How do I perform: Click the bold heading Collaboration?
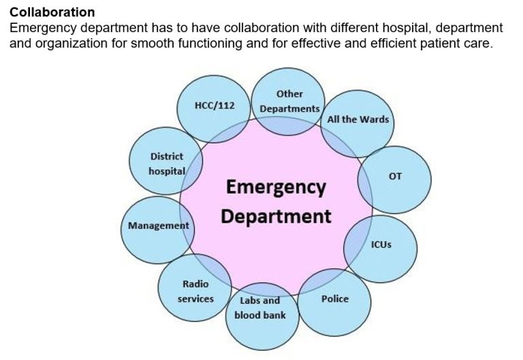(52, 12)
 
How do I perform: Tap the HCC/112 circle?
(215, 107)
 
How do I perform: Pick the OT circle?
(395, 176)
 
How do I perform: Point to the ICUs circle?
(381, 244)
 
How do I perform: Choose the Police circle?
(334, 299)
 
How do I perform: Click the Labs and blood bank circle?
(261, 310)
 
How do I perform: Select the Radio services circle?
(195, 291)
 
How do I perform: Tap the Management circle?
(159, 226)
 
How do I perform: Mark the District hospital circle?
(166, 164)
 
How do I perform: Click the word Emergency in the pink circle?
(275, 187)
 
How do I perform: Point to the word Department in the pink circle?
(276, 217)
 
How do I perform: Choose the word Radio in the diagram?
(195, 284)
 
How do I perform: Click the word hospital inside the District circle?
(166, 171)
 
